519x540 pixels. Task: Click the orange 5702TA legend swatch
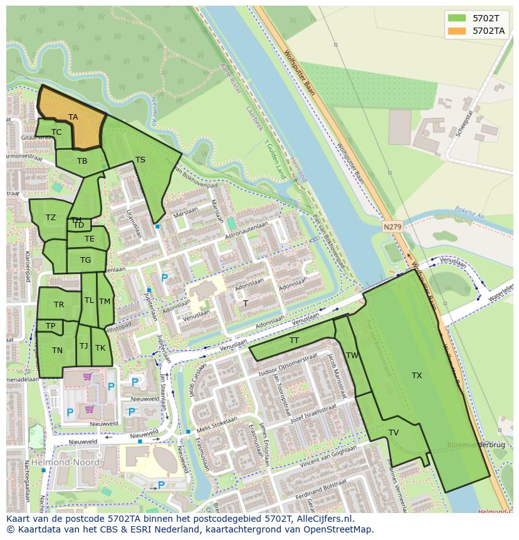(457, 31)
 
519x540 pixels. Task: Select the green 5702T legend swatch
(457, 18)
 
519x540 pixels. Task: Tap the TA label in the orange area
(73, 117)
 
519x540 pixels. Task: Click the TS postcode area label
(140, 160)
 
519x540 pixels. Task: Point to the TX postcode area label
(417, 376)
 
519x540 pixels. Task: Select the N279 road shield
(392, 226)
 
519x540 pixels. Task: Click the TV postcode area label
(394, 433)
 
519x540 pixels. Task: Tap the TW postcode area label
(353, 356)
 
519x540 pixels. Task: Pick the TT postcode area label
(294, 341)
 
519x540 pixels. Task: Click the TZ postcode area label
(51, 218)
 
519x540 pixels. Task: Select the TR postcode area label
(59, 305)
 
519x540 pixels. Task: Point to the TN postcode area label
(57, 351)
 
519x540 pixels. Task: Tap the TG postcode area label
(85, 260)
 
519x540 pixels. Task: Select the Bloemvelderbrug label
(476, 445)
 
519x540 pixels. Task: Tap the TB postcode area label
(82, 161)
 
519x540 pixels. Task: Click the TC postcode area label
(56, 132)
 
